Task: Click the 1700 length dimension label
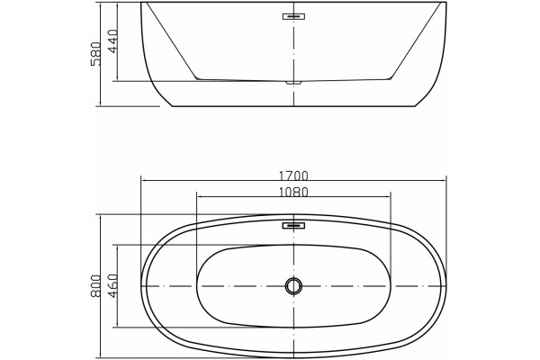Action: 293,176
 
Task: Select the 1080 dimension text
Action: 293,193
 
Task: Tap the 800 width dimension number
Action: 95,285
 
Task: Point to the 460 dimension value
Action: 112,285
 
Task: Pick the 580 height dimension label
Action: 95,54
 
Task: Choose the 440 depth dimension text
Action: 112,41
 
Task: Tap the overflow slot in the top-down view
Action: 293,226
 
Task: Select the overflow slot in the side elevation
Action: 293,16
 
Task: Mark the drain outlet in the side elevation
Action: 293,83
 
